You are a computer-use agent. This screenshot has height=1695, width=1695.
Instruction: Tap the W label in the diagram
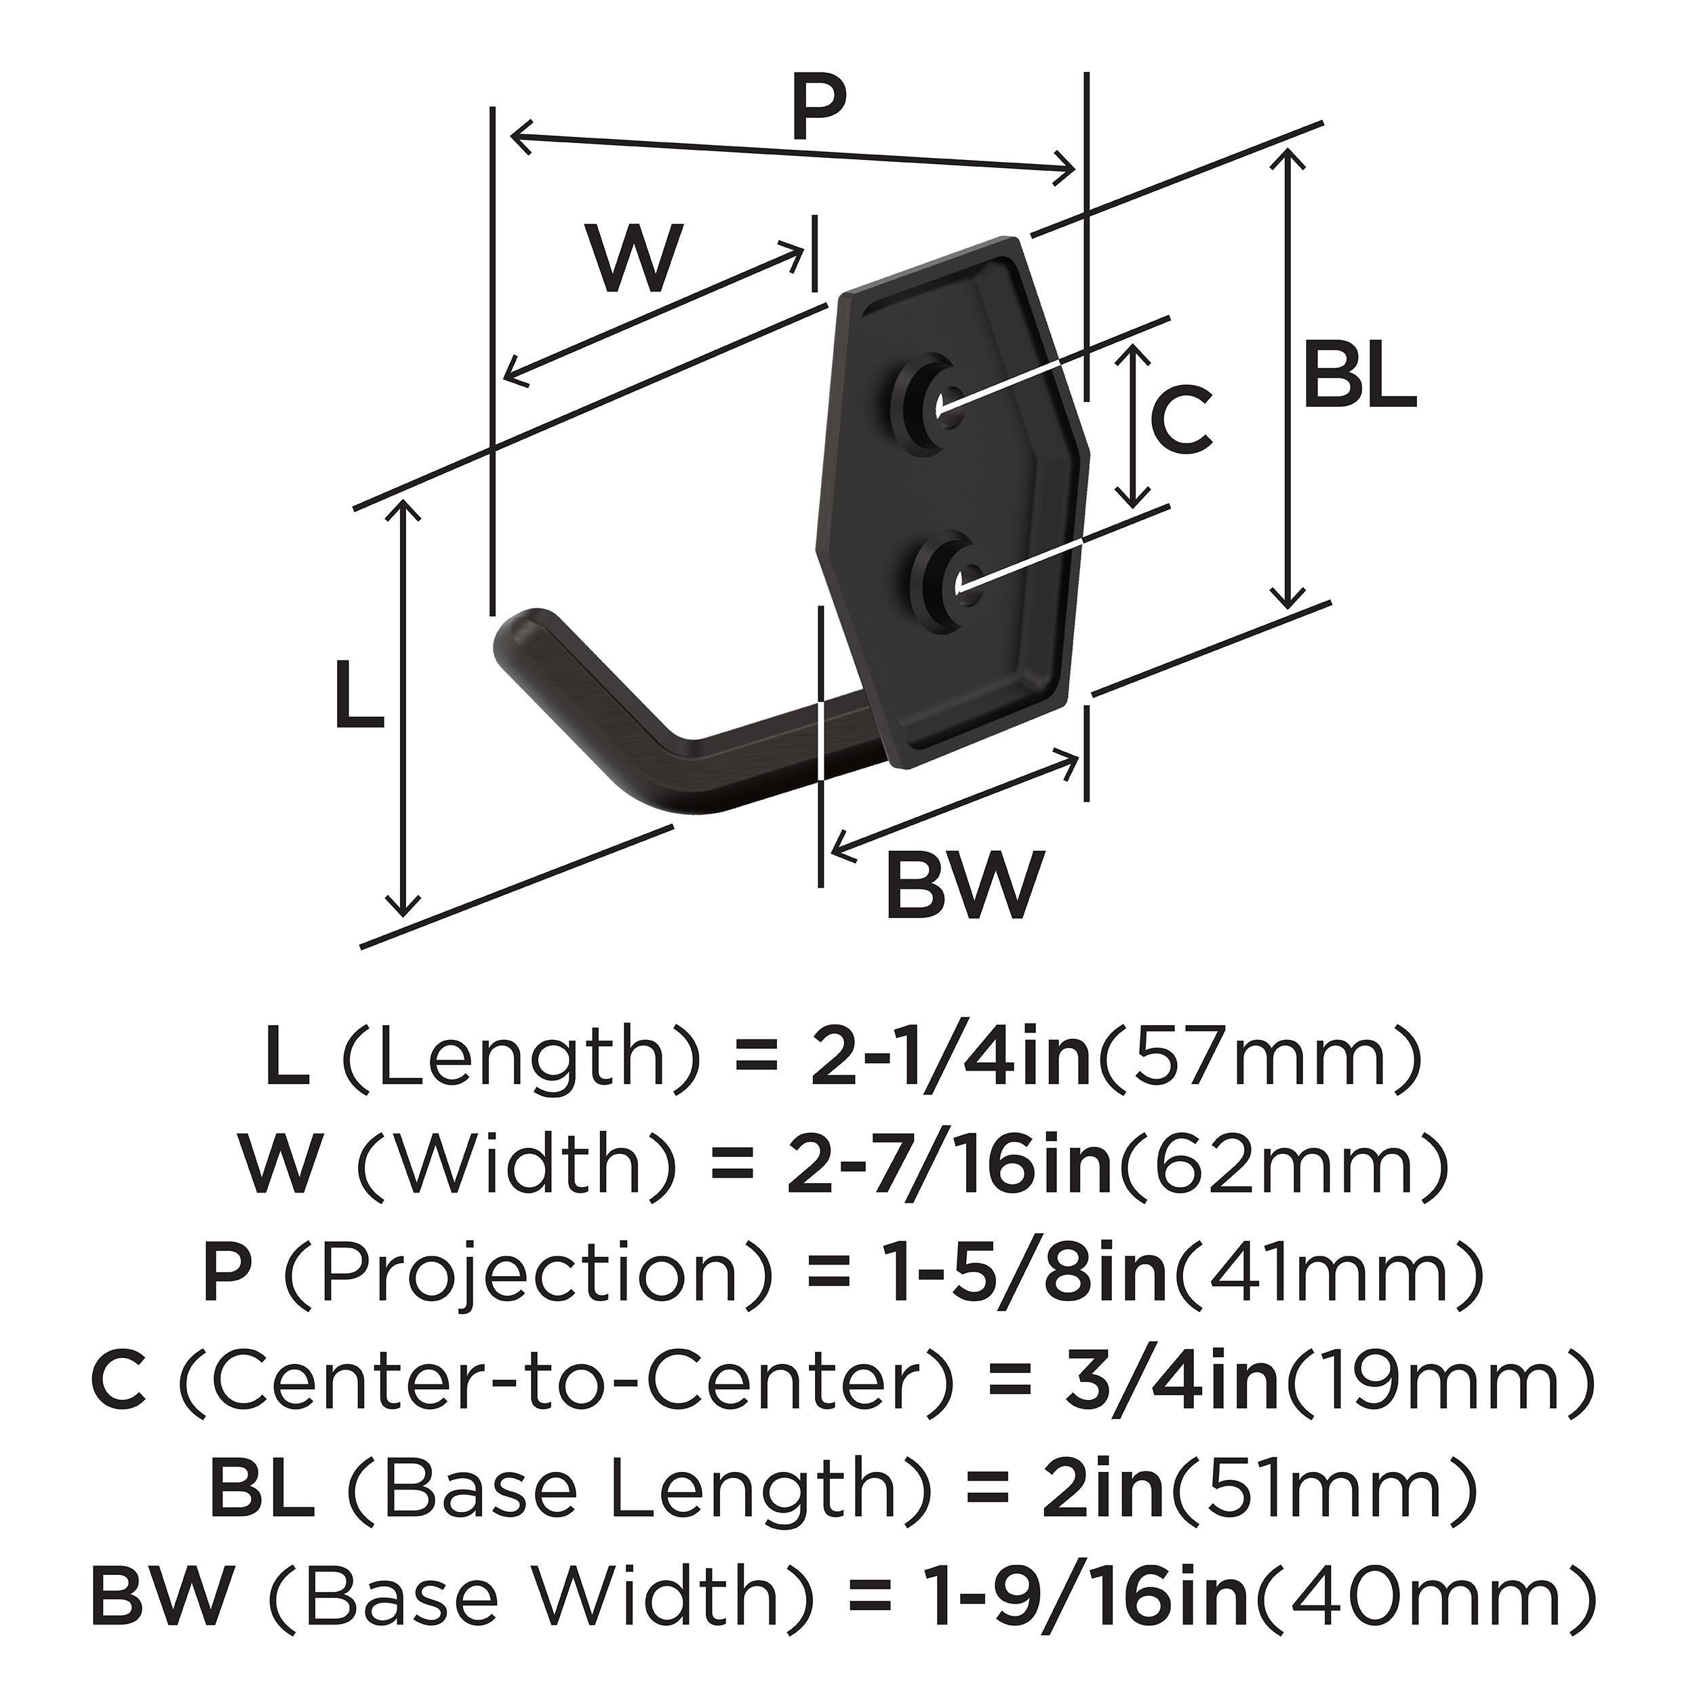click(635, 259)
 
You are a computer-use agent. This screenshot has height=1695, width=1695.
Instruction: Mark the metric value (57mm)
click(1260, 1059)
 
